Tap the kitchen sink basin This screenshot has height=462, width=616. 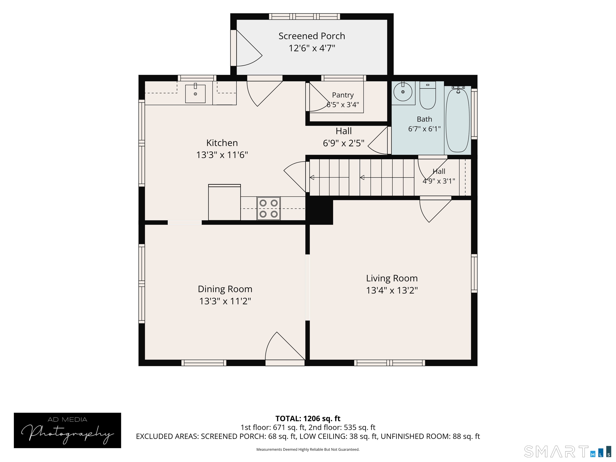(x=195, y=94)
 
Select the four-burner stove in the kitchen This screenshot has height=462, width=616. (x=268, y=208)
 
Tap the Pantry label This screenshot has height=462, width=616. (x=343, y=95)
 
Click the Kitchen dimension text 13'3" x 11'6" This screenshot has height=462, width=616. (x=222, y=155)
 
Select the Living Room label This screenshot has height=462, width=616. (x=392, y=278)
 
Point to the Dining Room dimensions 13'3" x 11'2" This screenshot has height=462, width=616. (x=225, y=301)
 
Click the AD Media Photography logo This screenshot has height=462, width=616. (x=67, y=430)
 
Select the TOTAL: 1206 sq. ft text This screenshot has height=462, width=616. (x=308, y=418)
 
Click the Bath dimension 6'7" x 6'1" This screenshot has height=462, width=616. (x=425, y=129)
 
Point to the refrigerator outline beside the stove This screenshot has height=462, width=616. (x=224, y=202)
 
